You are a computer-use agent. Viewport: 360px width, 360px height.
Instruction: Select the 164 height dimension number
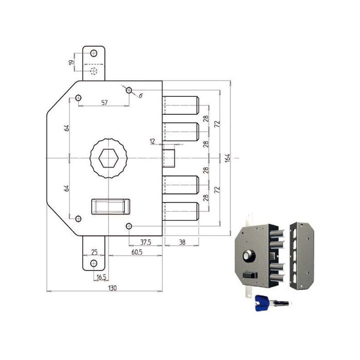click(x=227, y=158)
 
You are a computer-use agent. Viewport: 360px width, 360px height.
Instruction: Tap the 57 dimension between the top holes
click(x=104, y=103)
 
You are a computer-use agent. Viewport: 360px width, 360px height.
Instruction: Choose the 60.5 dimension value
click(x=136, y=253)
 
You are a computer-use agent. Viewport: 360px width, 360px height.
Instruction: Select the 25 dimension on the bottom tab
click(x=94, y=252)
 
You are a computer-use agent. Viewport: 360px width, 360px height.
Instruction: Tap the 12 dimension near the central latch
click(x=152, y=141)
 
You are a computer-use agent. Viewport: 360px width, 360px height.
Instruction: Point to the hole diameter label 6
click(x=140, y=95)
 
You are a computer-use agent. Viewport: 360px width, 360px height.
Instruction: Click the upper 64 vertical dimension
click(x=66, y=128)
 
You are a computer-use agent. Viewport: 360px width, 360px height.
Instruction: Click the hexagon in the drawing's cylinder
click(x=108, y=158)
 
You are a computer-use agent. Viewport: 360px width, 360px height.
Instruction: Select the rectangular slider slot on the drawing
click(x=110, y=206)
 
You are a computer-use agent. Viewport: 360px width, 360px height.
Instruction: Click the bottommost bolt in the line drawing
click(x=181, y=211)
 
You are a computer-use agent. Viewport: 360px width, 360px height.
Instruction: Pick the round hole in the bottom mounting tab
click(x=94, y=263)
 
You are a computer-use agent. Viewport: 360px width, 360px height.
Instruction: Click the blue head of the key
click(x=261, y=304)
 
